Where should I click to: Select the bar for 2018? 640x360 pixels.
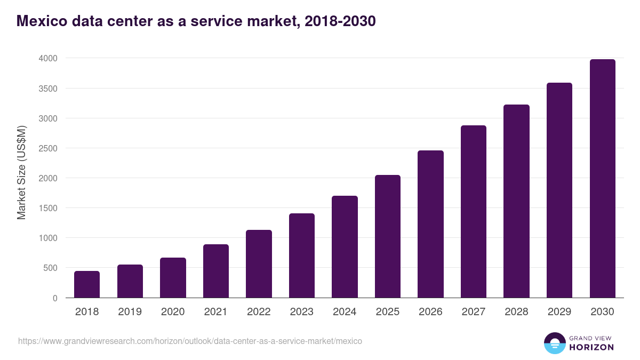(87, 284)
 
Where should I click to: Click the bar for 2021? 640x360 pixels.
(216, 271)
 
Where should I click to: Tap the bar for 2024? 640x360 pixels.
(345, 247)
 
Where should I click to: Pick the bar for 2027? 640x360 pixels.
(474, 212)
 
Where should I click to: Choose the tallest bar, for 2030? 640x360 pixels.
(602, 179)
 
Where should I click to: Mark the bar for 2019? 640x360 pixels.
(130, 281)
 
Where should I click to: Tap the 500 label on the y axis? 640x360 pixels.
(51, 268)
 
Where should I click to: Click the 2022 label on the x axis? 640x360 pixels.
(259, 312)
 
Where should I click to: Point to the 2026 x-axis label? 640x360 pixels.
(430, 312)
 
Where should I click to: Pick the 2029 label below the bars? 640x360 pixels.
(559, 312)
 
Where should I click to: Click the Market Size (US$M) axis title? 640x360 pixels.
(21, 172)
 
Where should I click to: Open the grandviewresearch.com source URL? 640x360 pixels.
(190, 341)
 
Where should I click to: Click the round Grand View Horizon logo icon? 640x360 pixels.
(555, 343)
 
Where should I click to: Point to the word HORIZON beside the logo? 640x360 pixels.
(591, 347)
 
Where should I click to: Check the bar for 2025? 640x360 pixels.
(388, 236)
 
